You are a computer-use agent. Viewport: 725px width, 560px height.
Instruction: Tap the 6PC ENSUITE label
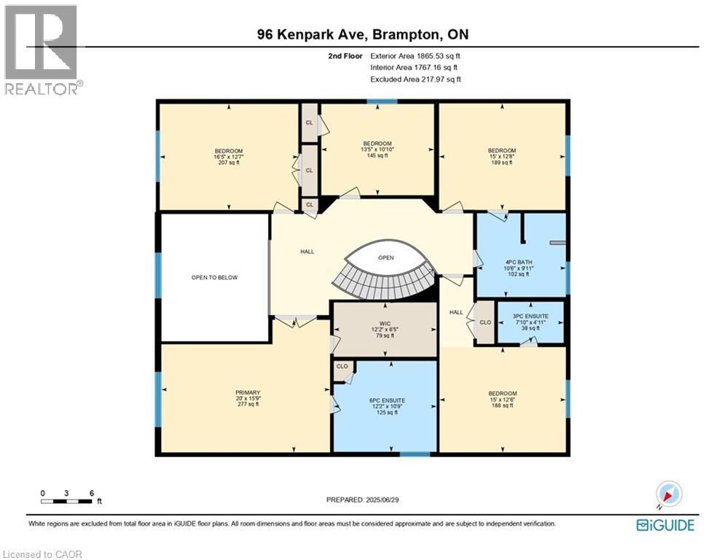coord(385,400)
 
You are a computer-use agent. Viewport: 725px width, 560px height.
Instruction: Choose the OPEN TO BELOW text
coord(214,277)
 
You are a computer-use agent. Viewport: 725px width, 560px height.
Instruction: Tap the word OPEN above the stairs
coord(386,258)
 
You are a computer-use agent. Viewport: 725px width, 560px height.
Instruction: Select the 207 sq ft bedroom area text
coord(227,163)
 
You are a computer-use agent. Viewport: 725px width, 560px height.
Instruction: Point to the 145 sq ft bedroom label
coord(377,155)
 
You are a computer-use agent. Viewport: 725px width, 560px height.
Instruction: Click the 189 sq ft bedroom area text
coord(501,163)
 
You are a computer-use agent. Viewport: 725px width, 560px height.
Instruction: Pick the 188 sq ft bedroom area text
coord(502,405)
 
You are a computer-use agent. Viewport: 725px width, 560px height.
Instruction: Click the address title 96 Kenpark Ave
coord(362,34)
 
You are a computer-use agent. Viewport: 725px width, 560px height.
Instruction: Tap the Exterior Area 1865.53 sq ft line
coord(415,55)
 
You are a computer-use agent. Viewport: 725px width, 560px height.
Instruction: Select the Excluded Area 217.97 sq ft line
coord(415,79)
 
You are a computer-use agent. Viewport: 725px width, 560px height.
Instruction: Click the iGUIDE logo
coord(665,525)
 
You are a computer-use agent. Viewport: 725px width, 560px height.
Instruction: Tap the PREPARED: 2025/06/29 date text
coord(364,499)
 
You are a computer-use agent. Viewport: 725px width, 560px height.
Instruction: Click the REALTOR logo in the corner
coord(41,50)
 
